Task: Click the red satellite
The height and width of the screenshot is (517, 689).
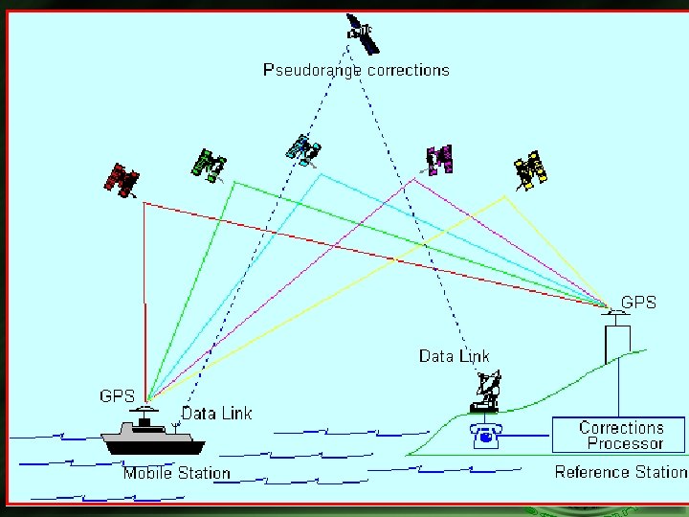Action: coord(122,179)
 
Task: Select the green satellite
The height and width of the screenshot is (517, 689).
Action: coord(209,165)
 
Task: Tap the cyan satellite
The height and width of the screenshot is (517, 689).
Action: coord(303,149)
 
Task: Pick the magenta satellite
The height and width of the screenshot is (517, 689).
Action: coord(439,160)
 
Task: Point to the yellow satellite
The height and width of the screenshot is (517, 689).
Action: coord(530,170)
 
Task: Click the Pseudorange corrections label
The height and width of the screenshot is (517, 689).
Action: coord(356,70)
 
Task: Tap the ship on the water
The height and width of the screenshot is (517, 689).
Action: coord(153,438)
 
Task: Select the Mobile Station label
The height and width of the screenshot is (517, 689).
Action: coord(177,473)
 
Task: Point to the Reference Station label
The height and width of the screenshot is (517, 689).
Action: coord(620,472)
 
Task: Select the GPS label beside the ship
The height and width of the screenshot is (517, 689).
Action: coord(117,395)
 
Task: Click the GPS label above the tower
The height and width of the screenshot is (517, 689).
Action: coord(638,303)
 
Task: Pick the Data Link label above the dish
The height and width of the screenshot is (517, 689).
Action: coord(455,356)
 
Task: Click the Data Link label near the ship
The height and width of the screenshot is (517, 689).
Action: coord(216,413)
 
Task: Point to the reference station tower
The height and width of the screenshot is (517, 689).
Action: coord(617,342)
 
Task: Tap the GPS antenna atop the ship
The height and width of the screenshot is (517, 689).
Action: coord(145,410)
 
